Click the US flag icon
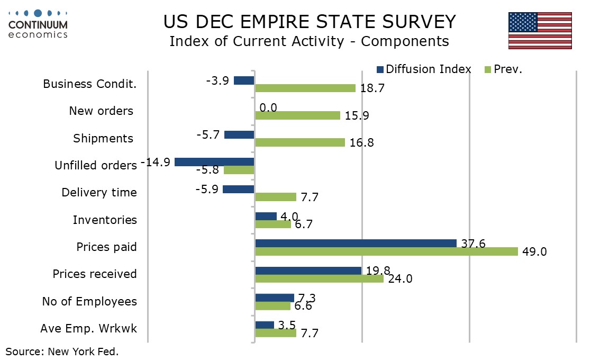pos(540,31)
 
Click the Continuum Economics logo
pos(38,23)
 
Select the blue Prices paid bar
pos(356,243)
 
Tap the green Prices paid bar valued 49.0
pos(386,251)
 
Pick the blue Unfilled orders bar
pos(214,162)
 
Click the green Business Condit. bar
pos(305,88)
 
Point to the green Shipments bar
pos(300,142)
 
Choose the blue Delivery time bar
pos(239,189)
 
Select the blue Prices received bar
pos(308,271)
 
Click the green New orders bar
pos(297,115)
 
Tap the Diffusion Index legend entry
pos(423,69)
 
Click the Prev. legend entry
pos(503,69)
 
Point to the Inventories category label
pos(105,220)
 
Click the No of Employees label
pos(89,301)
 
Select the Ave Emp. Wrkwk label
pos(88,328)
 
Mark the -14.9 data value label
pos(156,163)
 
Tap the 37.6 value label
pos(472,243)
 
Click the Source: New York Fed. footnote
pos(62,351)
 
